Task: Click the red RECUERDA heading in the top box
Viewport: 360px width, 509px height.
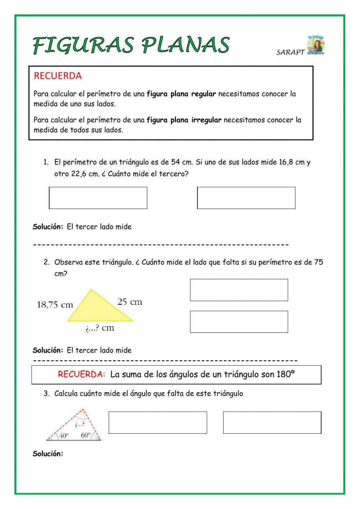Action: (58, 76)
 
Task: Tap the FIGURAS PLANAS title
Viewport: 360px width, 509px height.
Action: (131, 45)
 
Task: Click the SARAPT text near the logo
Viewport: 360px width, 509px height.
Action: (290, 52)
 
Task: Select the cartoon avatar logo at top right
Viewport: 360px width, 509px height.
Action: (316, 45)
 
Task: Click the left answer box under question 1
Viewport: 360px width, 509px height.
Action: (98, 198)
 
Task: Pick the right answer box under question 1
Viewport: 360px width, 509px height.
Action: (246, 198)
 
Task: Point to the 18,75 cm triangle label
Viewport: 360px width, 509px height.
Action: (55, 305)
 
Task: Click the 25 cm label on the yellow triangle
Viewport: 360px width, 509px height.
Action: (130, 302)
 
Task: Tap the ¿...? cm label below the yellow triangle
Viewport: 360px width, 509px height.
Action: (100, 328)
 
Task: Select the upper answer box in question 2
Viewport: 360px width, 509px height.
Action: (239, 290)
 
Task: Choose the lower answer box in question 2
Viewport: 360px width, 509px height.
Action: (239, 322)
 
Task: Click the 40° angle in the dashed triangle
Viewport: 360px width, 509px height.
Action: (64, 436)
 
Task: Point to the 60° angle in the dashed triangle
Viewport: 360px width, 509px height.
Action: (86, 435)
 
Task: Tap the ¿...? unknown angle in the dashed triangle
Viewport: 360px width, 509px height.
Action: (80, 424)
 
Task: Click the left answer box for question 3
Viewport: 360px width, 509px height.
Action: (158, 423)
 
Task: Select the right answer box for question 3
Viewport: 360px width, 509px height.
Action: (272, 423)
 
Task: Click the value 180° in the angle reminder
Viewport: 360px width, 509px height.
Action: (285, 374)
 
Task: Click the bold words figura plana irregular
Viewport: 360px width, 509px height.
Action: (184, 120)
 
